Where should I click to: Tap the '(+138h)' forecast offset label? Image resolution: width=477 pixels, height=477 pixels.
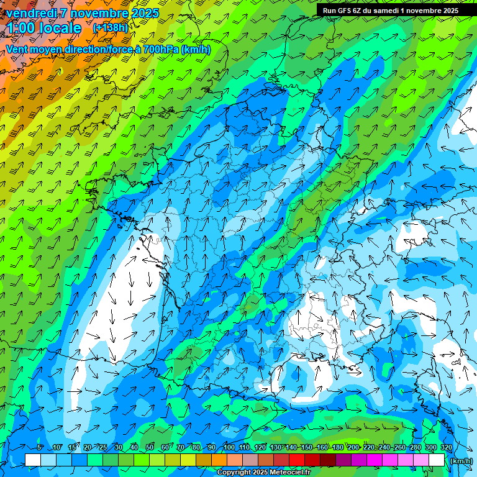coord(110,27)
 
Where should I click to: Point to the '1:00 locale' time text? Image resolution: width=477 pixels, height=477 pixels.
coord(43,29)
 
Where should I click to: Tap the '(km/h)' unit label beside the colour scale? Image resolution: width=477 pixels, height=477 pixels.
coord(461,460)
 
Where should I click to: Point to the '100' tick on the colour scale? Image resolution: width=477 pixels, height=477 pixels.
coord(229,447)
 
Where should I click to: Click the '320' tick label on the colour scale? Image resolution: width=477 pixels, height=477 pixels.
coord(446,447)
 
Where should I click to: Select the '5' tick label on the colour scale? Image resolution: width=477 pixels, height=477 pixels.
coord(40,447)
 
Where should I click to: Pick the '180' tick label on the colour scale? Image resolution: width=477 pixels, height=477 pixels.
coord(338,447)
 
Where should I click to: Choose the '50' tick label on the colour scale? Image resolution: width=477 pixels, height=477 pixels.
coord(150,447)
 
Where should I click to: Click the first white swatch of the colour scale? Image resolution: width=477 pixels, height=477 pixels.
coord(33,460)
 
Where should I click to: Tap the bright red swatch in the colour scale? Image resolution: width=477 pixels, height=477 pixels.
coord(297,460)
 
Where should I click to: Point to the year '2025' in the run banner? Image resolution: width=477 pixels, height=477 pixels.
coord(447,11)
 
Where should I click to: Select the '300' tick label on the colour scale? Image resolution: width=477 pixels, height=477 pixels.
coord(431,447)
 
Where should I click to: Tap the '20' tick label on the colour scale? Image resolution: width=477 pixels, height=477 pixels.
coord(88,447)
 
